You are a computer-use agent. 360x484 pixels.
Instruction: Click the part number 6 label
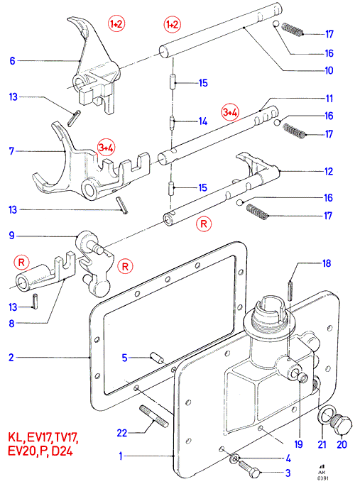[12, 60]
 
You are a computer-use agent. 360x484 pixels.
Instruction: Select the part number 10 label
[329, 70]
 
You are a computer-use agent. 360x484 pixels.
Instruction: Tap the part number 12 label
[329, 171]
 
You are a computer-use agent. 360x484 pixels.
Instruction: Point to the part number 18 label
[327, 263]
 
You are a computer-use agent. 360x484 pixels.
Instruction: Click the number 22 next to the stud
[122, 433]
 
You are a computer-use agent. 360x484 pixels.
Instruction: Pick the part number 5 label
[124, 358]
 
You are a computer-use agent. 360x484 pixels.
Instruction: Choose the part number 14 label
[203, 121]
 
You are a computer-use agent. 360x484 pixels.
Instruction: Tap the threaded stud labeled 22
[154, 417]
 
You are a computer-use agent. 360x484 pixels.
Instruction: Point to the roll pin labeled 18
[290, 290]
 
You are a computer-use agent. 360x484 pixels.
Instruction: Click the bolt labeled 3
[250, 468]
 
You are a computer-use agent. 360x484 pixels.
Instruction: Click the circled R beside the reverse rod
[204, 224]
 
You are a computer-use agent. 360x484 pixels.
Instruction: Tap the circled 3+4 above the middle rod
[230, 112]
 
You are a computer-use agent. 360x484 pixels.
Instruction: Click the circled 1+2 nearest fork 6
[116, 23]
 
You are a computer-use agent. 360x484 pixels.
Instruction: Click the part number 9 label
[12, 236]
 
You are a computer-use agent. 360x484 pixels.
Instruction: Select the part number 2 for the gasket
[11, 358]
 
